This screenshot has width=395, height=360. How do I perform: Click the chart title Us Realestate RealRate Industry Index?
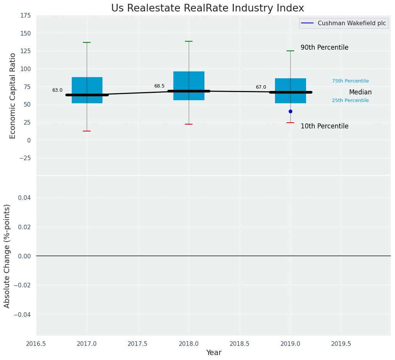[207, 8]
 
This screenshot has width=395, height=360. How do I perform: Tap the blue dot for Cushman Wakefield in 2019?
[290, 111]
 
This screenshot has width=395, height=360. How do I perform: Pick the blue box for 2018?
[189, 82]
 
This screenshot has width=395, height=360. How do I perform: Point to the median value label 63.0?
[57, 91]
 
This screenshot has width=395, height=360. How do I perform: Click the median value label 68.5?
[159, 86]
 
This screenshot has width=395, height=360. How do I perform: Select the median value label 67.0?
[261, 88]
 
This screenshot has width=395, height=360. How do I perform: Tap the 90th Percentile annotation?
[324, 48]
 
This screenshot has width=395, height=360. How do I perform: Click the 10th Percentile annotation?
[324, 126]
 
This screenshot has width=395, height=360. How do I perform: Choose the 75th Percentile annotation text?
[350, 81]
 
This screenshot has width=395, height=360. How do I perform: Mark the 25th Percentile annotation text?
[350, 101]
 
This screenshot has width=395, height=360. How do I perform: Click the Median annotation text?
[360, 92]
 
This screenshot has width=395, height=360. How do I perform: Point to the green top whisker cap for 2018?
[189, 41]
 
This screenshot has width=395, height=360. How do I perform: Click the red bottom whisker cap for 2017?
[87, 131]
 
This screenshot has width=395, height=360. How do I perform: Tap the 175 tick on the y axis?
[26, 16]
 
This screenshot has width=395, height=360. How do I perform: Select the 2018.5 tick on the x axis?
[240, 344]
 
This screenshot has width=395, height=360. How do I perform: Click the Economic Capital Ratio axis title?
[13, 96]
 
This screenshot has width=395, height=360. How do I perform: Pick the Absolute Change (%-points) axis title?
[7, 256]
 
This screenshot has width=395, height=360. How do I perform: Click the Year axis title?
[214, 353]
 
